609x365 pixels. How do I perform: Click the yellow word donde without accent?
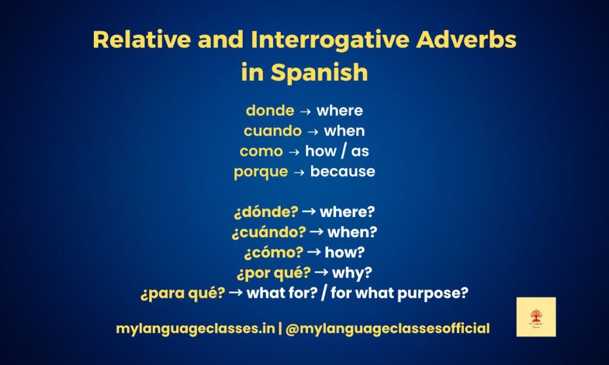pos(270,111)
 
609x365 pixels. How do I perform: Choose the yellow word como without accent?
pos(261,151)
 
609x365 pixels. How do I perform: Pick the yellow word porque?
pos(261,171)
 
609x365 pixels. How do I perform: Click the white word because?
pos(343,171)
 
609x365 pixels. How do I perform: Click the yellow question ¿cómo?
pos(274,252)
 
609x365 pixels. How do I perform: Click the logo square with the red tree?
pos(536,317)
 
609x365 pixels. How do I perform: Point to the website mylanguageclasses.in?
pos(195,328)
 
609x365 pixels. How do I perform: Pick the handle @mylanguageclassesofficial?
pos(387,328)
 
